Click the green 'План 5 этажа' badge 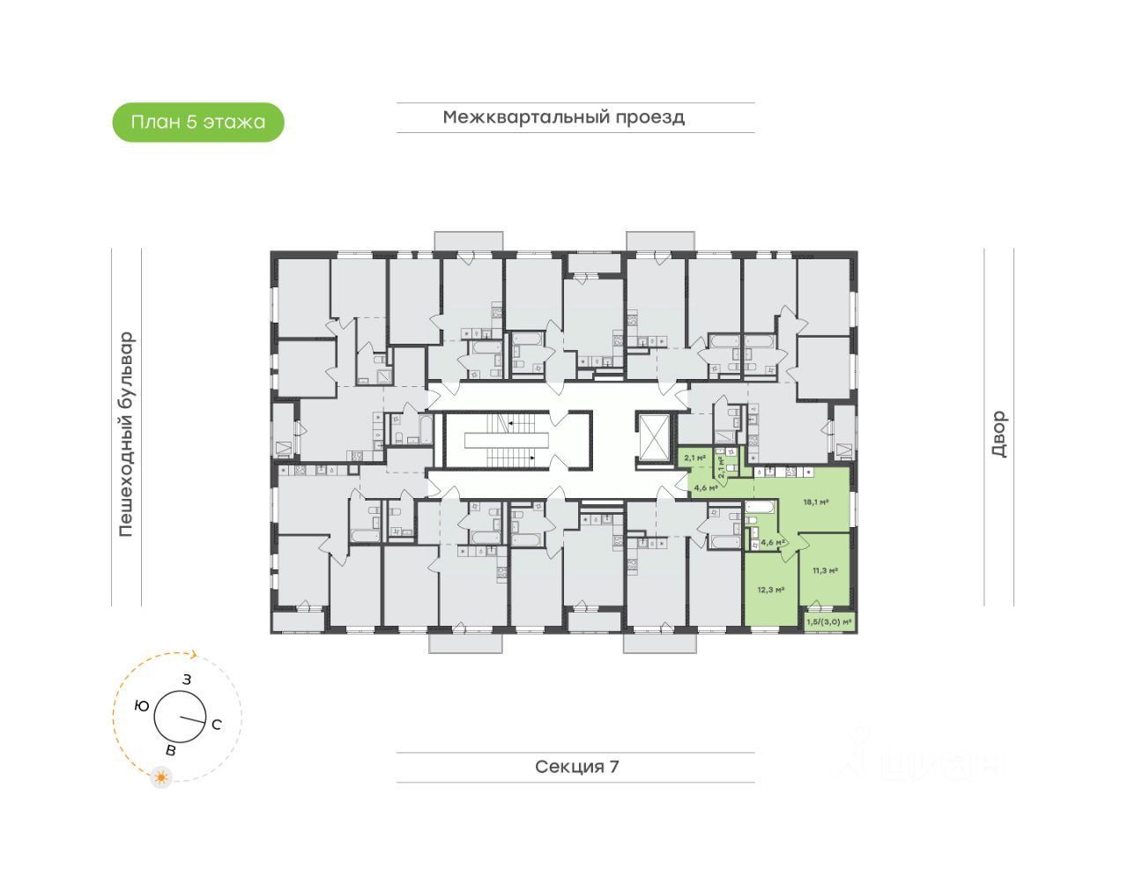(x=198, y=123)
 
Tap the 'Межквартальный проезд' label (x=564, y=117)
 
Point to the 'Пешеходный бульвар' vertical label (x=127, y=434)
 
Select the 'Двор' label (x=998, y=434)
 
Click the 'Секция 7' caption (x=576, y=767)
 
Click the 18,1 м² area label (x=815, y=502)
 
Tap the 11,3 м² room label (x=825, y=571)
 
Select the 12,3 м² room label (x=771, y=590)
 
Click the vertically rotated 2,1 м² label (x=721, y=466)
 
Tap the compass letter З (x=187, y=680)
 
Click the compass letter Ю (x=141, y=706)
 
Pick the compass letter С (x=217, y=725)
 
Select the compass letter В (x=171, y=751)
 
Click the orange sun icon (x=161, y=777)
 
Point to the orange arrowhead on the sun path (x=195, y=655)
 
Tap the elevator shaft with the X (x=653, y=436)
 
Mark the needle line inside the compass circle (x=192, y=719)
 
